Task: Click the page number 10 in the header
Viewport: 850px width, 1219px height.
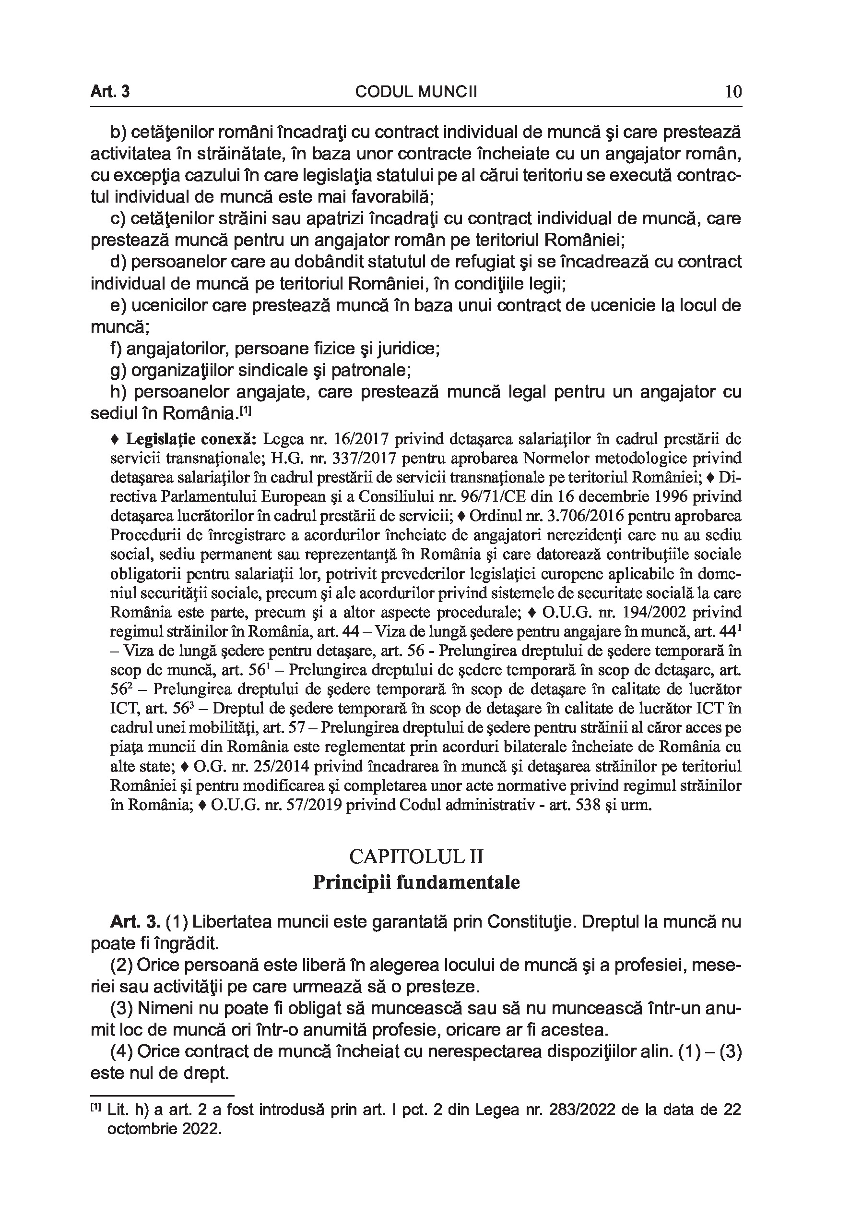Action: click(733, 92)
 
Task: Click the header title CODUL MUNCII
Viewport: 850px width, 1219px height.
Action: click(416, 92)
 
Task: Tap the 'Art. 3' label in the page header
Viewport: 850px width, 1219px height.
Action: click(110, 92)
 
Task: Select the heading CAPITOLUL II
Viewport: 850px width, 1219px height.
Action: click(416, 857)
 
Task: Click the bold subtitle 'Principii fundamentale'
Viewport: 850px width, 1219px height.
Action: click(416, 882)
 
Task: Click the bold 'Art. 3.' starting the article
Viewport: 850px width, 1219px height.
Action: click(135, 922)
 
